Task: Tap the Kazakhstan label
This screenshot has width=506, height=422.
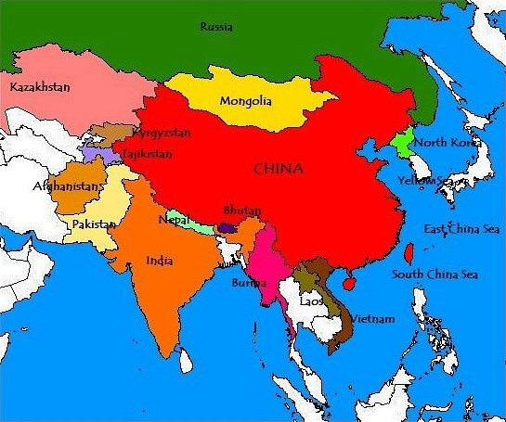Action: pyautogui.click(x=39, y=86)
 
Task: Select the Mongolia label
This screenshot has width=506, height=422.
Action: pyautogui.click(x=246, y=101)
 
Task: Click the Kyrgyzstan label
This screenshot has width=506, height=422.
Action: pyautogui.click(x=162, y=134)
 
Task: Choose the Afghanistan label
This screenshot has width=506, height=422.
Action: pyautogui.click(x=65, y=185)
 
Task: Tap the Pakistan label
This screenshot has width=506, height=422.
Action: pyautogui.click(x=94, y=224)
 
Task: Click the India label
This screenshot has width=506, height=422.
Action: pyautogui.click(x=159, y=261)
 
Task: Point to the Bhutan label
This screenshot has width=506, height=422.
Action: pyautogui.click(x=241, y=211)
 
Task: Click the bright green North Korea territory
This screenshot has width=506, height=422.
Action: pyautogui.click(x=404, y=146)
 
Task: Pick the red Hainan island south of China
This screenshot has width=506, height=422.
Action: pyautogui.click(x=349, y=281)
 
